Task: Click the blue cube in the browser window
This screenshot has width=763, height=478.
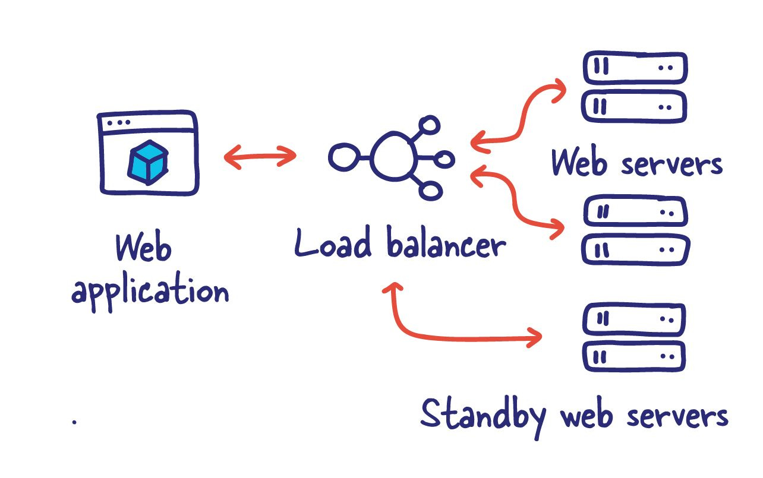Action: coord(147,161)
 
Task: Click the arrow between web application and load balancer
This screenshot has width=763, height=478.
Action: coord(260,157)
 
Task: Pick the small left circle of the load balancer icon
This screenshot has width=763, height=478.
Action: coord(342,157)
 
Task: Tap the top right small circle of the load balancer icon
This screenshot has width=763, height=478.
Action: coord(429,125)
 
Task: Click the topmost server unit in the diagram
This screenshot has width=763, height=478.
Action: coord(635,68)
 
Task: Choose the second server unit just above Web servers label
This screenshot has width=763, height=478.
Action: coord(635,107)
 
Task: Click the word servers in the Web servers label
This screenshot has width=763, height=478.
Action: coord(671,163)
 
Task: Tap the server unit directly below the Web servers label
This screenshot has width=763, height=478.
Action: coord(635,211)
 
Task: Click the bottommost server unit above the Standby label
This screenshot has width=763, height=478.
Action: coord(635,356)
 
